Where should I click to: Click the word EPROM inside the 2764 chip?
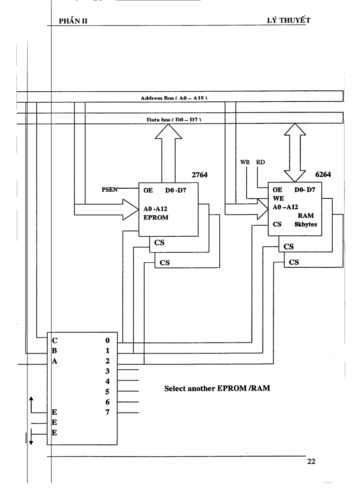pos(156,217)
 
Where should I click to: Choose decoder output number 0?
pos(107,341)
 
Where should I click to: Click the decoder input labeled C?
pos(55,340)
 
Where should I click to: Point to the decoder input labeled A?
pos(55,361)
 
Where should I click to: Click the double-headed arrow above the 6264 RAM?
pos(294,152)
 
